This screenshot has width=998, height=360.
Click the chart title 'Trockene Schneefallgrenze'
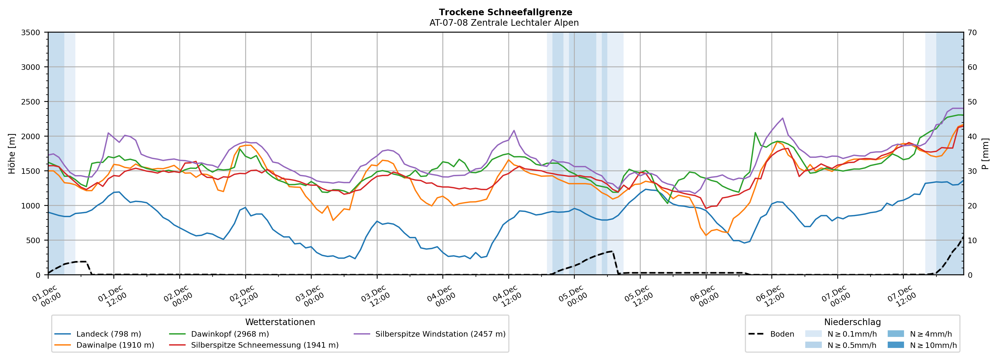pyautogui.click(x=505, y=12)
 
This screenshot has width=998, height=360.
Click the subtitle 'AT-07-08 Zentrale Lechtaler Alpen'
pyautogui.click(x=504, y=23)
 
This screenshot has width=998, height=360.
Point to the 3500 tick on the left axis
pyautogui.click(x=31, y=33)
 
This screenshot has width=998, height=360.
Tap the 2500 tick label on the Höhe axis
pyautogui.click(x=31, y=102)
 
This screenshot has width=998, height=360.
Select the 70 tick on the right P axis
pyautogui.click(x=972, y=33)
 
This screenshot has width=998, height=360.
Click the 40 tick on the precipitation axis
pyautogui.click(x=972, y=136)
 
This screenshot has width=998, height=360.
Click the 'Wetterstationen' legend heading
pyautogui.click(x=280, y=322)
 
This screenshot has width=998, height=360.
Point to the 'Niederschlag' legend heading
pyautogui.click(x=852, y=322)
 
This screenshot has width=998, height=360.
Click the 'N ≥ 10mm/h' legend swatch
pyautogui.click(x=895, y=345)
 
